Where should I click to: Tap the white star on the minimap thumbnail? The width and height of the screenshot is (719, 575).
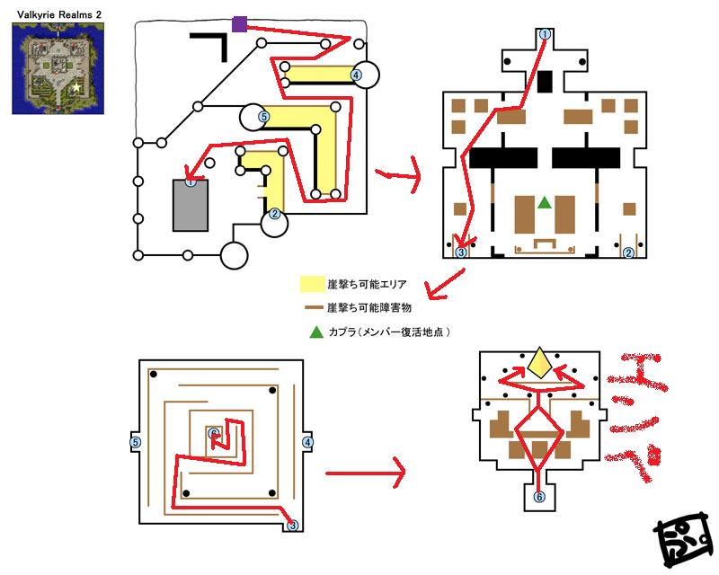(x=77, y=87)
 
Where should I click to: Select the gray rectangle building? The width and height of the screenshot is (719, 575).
(x=191, y=208)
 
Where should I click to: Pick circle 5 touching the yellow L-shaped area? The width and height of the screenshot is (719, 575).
(x=263, y=116)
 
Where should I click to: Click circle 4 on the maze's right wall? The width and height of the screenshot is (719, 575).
(x=308, y=442)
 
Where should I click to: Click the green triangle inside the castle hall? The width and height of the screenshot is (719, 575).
(x=544, y=204)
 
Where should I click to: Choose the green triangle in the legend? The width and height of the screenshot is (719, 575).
(x=315, y=332)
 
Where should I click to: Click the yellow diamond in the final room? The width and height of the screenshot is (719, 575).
(x=539, y=363)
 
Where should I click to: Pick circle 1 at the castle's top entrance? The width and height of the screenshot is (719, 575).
(x=545, y=33)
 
